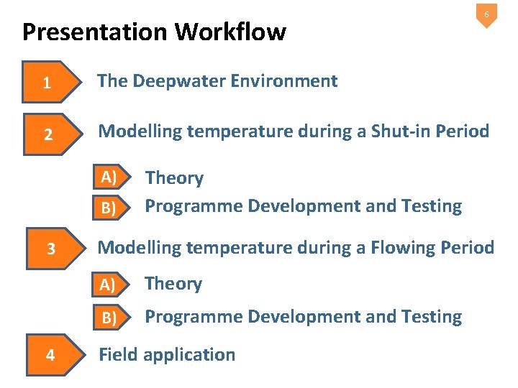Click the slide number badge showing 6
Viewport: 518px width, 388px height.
click(486, 15)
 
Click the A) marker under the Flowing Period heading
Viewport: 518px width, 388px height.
click(109, 285)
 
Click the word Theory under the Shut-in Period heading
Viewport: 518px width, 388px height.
click(174, 178)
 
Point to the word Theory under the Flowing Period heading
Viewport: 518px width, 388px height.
click(173, 284)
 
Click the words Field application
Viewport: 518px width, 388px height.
click(166, 355)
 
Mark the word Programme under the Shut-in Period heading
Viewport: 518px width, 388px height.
click(194, 206)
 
